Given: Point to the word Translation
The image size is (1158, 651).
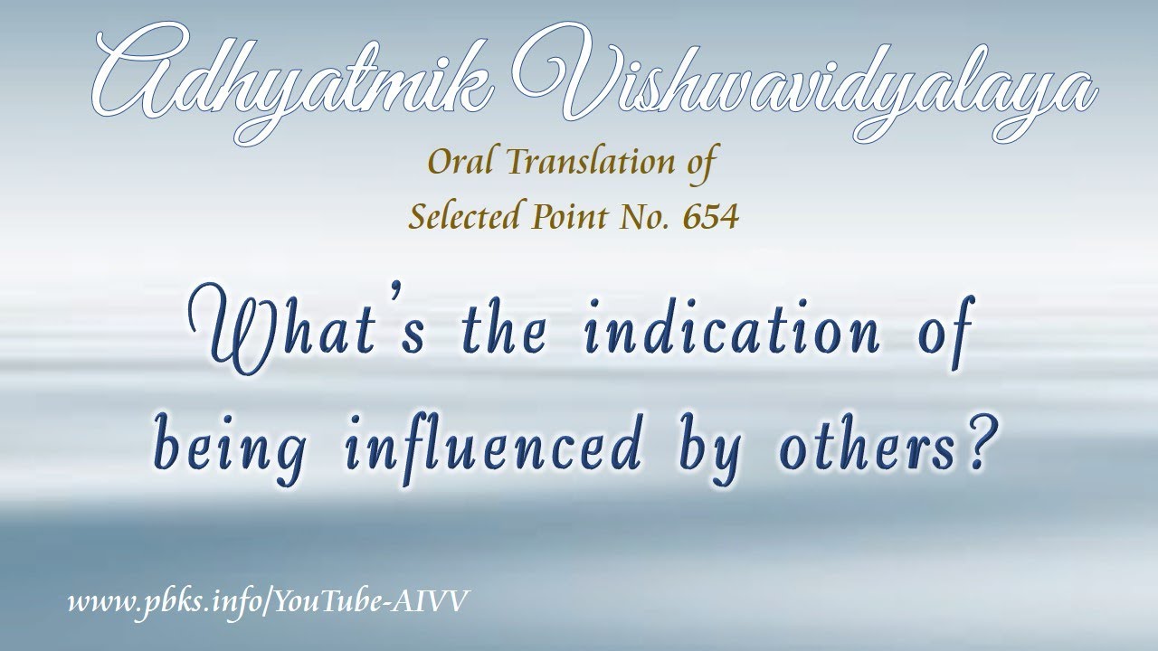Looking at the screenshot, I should click(x=593, y=165).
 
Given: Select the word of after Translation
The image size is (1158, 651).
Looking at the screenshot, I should click(x=702, y=165).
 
